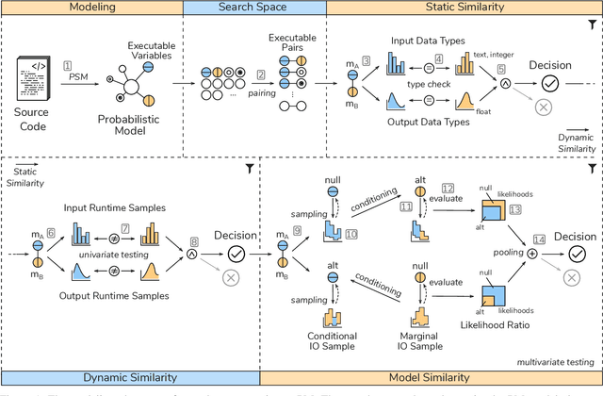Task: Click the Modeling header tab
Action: tap(91, 8)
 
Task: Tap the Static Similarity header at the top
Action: tap(464, 8)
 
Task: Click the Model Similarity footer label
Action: tap(431, 377)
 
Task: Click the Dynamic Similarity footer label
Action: tap(129, 377)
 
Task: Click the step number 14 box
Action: tap(538, 240)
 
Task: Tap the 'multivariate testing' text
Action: tap(556, 360)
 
